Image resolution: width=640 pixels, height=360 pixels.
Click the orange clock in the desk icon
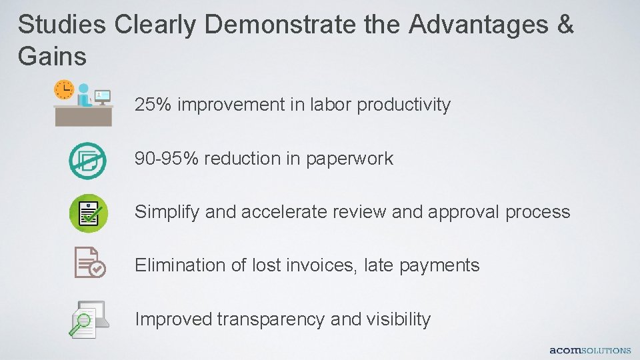click(64, 89)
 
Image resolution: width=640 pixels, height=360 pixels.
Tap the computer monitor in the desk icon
click(102, 97)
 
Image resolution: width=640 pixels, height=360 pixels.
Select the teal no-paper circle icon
click(87, 160)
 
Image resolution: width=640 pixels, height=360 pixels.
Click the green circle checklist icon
click(87, 213)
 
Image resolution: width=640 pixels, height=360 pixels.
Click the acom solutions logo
click(589, 350)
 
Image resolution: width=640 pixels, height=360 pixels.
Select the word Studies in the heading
click(61, 25)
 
